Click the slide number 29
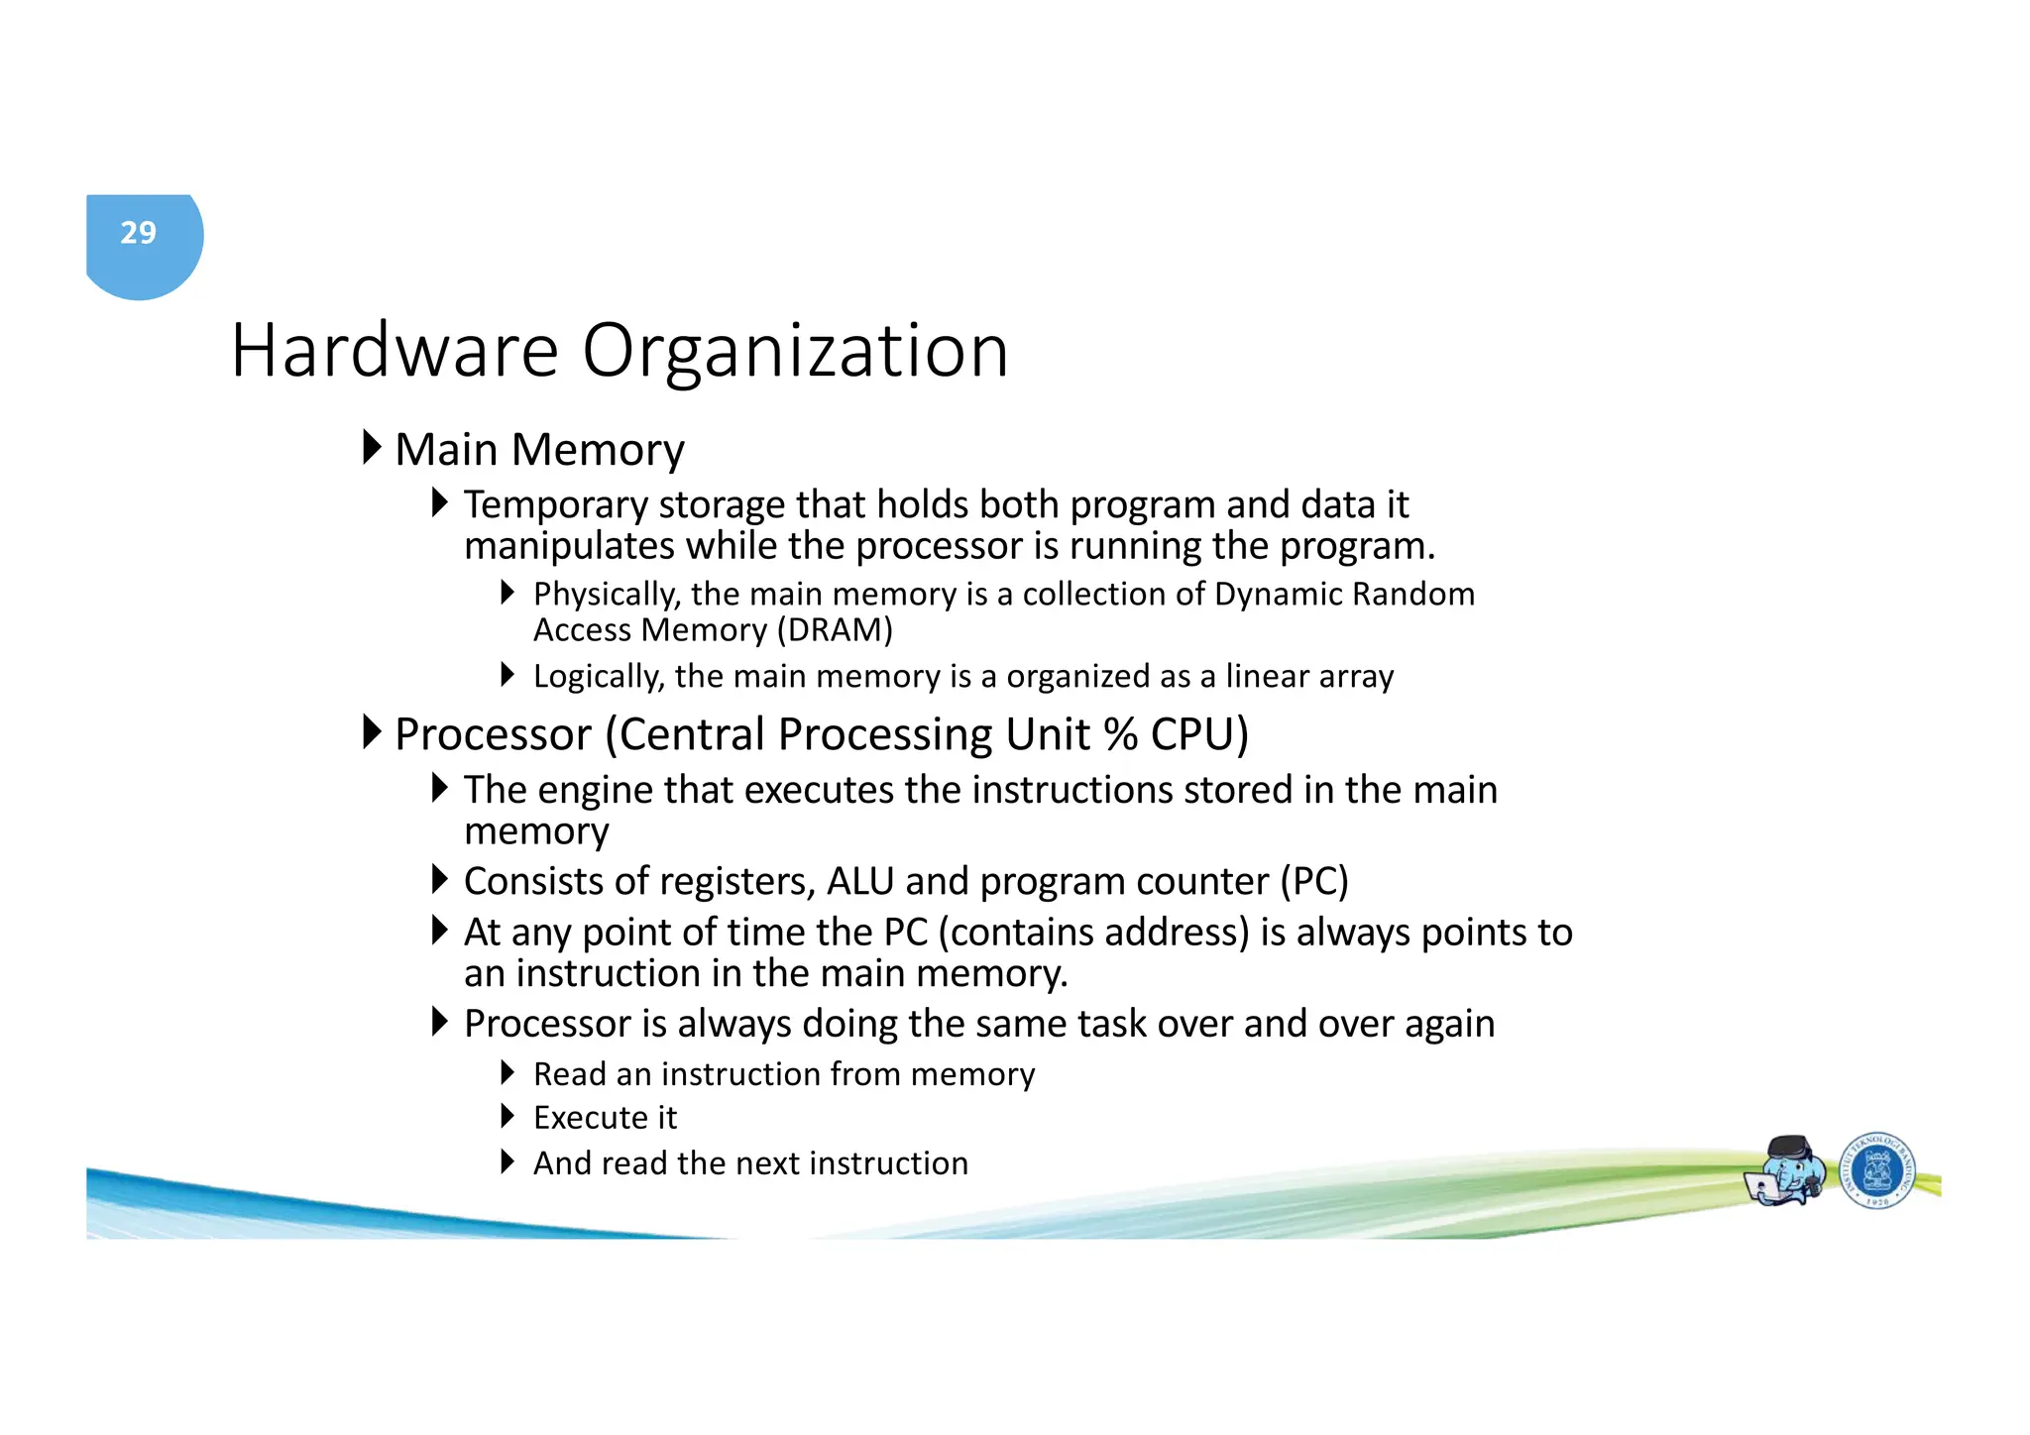(x=139, y=233)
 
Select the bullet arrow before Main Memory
(x=372, y=448)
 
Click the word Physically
(x=607, y=595)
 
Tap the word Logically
(x=598, y=677)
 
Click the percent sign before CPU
(x=1120, y=734)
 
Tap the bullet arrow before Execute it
(x=507, y=1117)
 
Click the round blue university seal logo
(x=1876, y=1170)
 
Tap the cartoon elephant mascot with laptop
(x=1786, y=1170)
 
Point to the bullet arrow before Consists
(x=440, y=879)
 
